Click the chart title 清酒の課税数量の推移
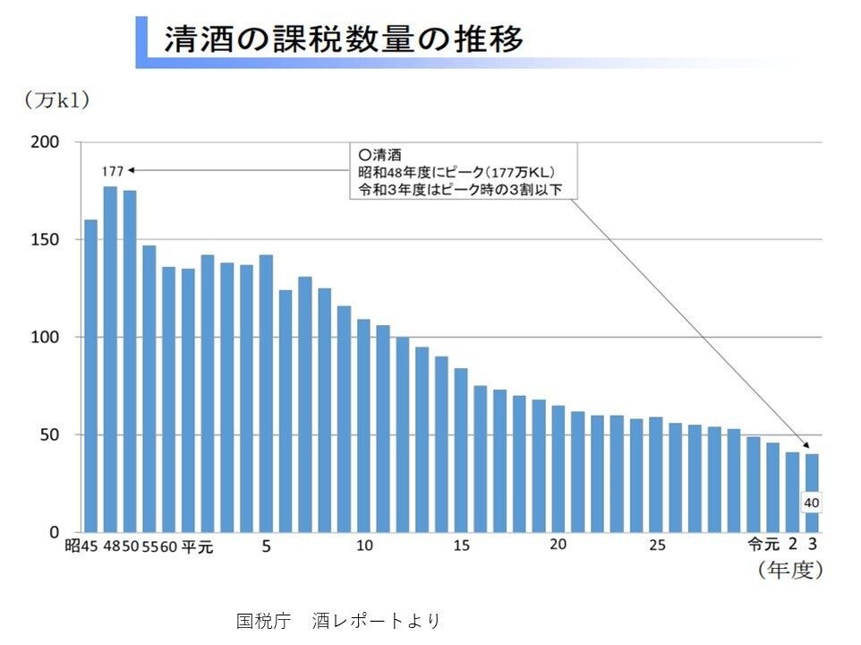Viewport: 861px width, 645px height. point(343,40)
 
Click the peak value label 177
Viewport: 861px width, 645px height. point(112,170)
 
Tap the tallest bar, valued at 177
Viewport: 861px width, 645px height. point(111,358)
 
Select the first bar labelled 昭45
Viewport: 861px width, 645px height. point(90,376)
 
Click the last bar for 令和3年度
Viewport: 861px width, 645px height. point(812,493)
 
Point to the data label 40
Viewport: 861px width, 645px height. point(812,503)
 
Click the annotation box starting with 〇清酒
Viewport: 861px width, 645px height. point(463,170)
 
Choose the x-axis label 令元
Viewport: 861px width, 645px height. point(763,545)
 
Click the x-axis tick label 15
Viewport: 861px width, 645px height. point(462,546)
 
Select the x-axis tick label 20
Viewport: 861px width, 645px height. point(558,546)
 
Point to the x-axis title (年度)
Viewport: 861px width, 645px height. point(789,570)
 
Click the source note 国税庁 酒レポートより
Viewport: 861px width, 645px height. point(338,620)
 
